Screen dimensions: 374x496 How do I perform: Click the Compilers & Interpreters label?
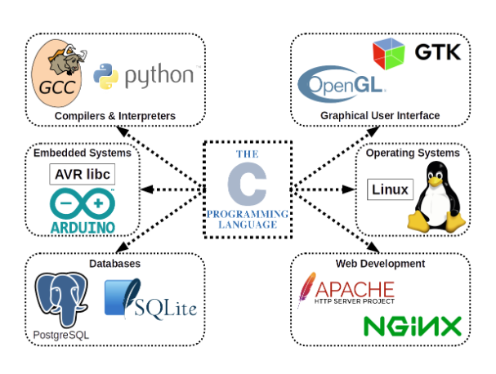click(115, 116)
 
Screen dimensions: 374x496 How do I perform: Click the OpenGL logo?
click(342, 83)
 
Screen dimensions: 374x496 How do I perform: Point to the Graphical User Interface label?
click(380, 116)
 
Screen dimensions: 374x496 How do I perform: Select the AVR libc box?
click(83, 175)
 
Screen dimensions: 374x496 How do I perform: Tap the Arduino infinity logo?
click(83, 202)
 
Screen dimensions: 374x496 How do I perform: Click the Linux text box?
click(390, 190)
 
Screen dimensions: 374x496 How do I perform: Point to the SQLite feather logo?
click(123, 299)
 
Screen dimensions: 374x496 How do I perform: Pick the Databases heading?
click(114, 265)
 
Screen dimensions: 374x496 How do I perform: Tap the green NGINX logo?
click(413, 327)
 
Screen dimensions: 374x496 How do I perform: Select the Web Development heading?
click(380, 265)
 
